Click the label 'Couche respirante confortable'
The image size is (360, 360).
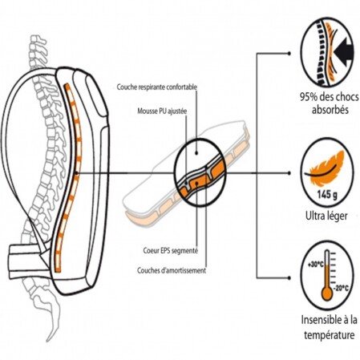[x=157, y=87]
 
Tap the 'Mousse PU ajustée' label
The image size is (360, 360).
[x=162, y=111]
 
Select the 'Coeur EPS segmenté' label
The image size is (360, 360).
[x=171, y=251]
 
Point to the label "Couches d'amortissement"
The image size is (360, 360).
[x=172, y=270]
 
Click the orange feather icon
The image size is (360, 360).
[x=327, y=168]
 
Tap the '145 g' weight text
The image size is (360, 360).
[x=327, y=194]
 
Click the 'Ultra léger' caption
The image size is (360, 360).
[x=326, y=216]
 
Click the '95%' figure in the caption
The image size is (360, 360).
[x=309, y=97]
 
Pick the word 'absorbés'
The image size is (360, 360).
[x=330, y=110]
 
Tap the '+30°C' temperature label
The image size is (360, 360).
[x=316, y=265]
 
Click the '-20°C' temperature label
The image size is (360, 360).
[x=341, y=289]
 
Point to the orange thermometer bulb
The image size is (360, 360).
[x=327, y=293]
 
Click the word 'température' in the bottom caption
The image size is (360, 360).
[x=330, y=335]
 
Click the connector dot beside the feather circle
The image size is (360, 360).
[x=289, y=173]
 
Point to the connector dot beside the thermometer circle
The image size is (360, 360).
[x=289, y=278]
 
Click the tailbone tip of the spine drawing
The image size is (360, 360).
[x=48, y=341]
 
